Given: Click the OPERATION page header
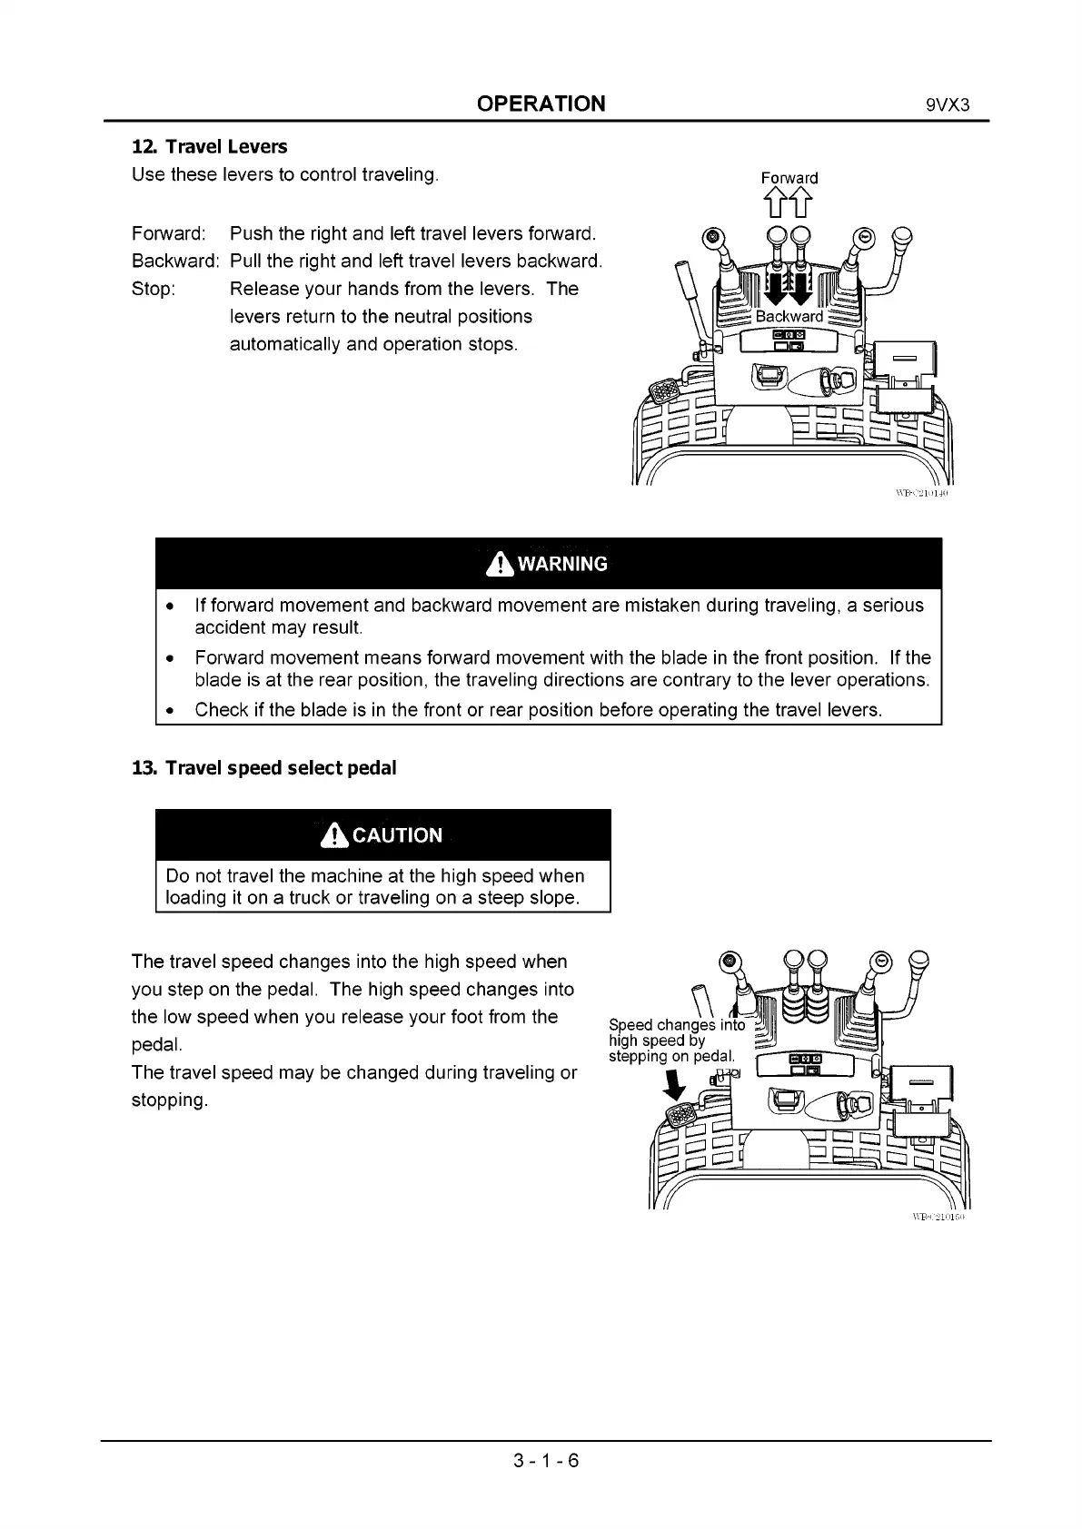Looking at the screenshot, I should point(541,104).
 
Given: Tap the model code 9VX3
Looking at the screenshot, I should point(948,104).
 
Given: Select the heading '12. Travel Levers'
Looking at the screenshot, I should point(210,146).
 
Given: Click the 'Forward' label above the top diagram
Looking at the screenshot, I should point(789,178).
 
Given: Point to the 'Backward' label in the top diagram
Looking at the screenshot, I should point(789,316).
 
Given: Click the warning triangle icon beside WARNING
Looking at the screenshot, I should point(500,564).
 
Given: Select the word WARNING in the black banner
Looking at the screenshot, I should point(562,564).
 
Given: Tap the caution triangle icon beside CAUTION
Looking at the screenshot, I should point(335,835).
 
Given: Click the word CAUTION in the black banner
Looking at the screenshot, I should point(397,835).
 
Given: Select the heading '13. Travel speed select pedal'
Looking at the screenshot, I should point(264,768).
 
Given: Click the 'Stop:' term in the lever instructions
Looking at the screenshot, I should point(154,289).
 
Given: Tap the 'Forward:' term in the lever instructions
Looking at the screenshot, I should point(169,233).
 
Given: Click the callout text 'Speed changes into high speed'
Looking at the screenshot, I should point(676,1033).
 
